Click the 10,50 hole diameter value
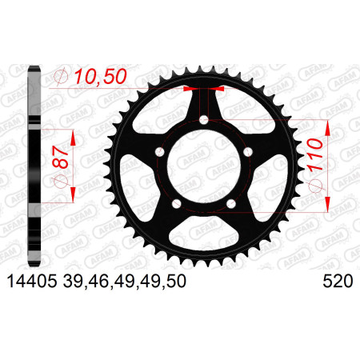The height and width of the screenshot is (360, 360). pyautogui.click(x=101, y=77)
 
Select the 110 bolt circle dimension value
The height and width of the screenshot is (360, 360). pyautogui.click(x=314, y=154)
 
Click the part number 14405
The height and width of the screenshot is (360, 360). pyautogui.click(x=32, y=282)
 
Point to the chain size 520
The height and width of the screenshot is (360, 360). pyautogui.click(x=338, y=282)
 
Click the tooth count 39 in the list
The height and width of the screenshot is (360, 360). pyautogui.click(x=73, y=282)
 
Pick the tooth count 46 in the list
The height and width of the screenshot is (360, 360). pyautogui.click(x=98, y=282)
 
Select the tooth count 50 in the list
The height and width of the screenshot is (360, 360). pyautogui.click(x=176, y=282)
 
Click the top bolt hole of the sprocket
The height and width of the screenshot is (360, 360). pyautogui.click(x=204, y=120)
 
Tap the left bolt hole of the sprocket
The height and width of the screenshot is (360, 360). pyautogui.click(x=160, y=152)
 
